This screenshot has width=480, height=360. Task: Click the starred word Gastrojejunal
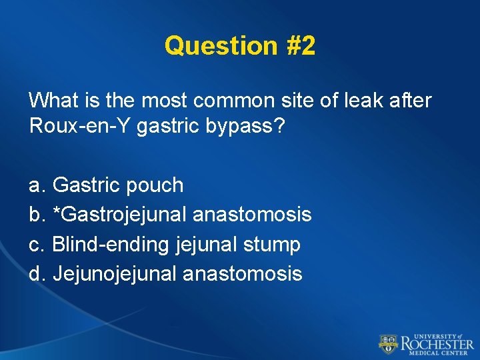(119, 214)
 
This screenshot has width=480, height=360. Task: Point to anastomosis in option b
(252, 214)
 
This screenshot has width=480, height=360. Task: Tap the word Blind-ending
(111, 244)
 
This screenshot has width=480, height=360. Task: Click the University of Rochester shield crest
(388, 344)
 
